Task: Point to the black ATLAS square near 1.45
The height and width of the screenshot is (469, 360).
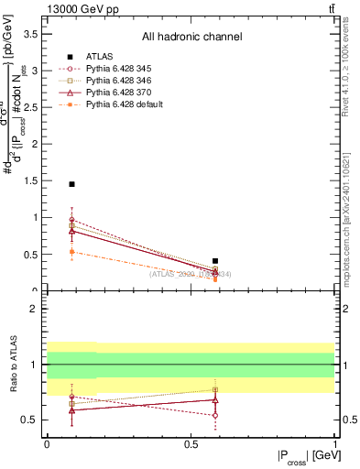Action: click(72, 184)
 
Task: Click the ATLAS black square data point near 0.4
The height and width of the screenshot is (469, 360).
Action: click(215, 261)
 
